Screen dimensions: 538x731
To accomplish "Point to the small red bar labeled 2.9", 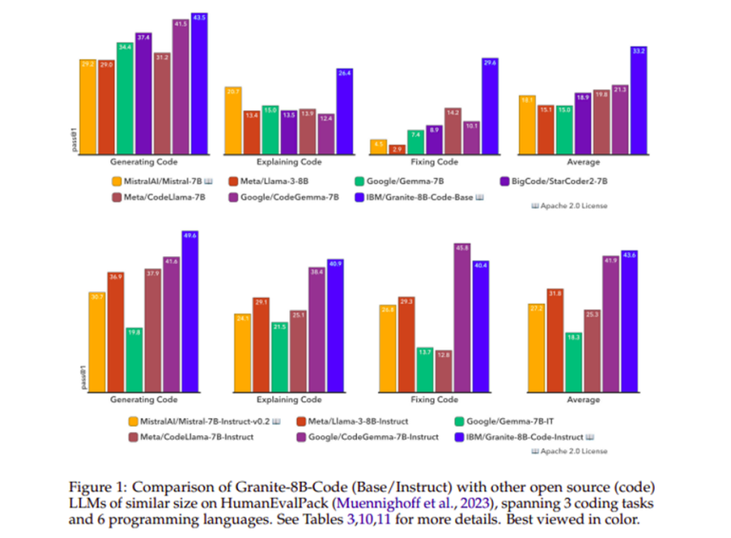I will [397, 149].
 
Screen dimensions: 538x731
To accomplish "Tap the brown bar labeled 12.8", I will [444, 369].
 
